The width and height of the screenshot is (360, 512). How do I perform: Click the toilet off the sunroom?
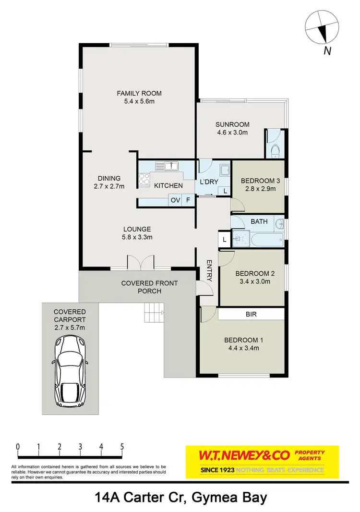(275, 151)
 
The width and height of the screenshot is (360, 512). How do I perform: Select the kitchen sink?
(170, 167)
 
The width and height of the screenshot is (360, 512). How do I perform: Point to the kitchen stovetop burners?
(143, 179)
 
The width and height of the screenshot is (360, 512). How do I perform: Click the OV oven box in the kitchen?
(175, 200)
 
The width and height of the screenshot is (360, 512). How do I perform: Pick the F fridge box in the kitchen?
(188, 200)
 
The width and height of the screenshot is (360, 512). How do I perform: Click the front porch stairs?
(154, 313)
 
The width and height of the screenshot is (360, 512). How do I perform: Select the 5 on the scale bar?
(122, 446)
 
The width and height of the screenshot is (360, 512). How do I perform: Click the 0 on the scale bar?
(18, 446)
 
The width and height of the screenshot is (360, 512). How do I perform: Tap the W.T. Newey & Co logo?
(262, 462)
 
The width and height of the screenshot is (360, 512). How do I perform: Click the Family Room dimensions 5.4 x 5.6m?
(139, 101)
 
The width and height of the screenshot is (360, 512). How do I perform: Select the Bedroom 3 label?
(260, 181)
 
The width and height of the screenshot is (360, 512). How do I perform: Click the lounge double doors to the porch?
(140, 262)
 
